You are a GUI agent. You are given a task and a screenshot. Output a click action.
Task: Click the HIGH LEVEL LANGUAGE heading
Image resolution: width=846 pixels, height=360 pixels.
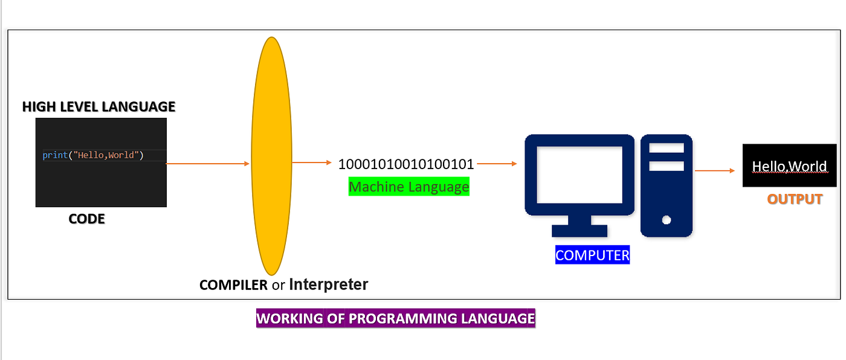point(98,107)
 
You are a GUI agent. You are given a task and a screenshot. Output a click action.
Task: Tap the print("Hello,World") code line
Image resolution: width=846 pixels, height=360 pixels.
point(93,155)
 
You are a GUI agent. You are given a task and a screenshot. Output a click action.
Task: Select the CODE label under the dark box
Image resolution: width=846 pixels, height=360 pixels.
point(86,219)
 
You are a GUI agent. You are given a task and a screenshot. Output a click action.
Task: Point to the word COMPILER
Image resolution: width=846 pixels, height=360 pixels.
point(233,284)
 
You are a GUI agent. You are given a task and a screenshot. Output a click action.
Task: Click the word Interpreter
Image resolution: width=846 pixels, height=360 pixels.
point(329,284)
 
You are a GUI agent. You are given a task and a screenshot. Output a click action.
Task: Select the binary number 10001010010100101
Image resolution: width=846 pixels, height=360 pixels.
point(405,164)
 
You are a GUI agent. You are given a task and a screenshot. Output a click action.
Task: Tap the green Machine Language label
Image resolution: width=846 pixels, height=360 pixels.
point(408,187)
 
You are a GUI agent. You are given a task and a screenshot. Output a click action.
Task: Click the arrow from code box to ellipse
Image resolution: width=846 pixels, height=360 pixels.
point(208,164)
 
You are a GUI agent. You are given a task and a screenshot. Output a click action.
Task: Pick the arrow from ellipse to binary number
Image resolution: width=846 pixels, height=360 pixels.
point(312,163)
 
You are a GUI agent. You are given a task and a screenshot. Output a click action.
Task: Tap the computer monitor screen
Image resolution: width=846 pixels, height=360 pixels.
point(579,175)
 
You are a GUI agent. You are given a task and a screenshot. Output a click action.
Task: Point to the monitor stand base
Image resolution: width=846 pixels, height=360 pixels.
point(580,231)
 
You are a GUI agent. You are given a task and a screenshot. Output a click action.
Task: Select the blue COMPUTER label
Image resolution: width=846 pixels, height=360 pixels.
point(592,256)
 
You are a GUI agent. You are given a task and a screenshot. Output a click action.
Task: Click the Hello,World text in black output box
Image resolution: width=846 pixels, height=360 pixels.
point(789,166)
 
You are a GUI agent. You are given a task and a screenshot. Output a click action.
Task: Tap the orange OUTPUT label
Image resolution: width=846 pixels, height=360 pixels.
point(795,199)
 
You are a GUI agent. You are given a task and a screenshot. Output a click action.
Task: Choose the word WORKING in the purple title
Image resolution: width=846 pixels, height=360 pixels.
point(289,318)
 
